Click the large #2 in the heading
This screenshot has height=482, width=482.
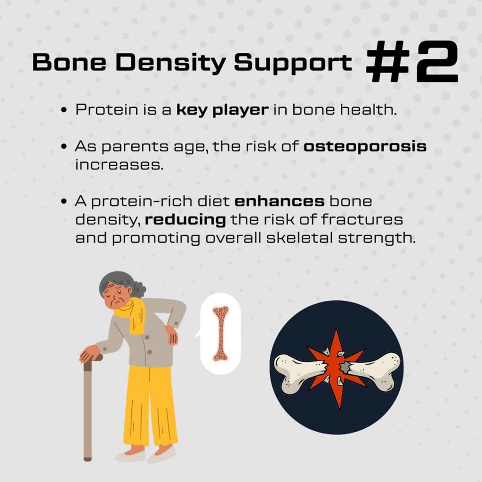(412, 62)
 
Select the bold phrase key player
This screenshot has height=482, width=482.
(223, 110)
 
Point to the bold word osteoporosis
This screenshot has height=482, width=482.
(365, 147)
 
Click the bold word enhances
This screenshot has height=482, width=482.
(280, 201)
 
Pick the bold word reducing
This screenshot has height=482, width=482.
(185, 220)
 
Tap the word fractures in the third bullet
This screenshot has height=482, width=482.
(362, 220)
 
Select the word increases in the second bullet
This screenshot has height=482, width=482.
(119, 165)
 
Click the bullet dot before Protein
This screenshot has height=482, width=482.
(64, 110)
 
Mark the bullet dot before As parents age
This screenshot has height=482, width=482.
(64, 147)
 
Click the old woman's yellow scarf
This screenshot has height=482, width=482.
(130, 315)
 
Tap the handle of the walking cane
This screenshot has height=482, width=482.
(93, 360)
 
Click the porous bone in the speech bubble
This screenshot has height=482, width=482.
(221, 334)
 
